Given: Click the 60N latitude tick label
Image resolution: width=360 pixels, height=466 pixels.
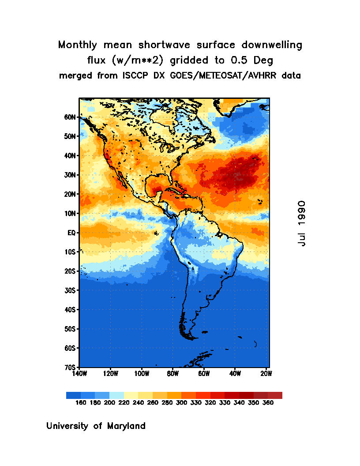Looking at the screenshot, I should [70, 117].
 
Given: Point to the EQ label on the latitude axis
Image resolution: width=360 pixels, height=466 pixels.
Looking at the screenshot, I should [72, 233].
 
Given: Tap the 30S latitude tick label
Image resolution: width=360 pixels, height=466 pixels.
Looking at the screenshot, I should [71, 290].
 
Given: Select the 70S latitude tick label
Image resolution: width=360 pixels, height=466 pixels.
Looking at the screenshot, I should [71, 367].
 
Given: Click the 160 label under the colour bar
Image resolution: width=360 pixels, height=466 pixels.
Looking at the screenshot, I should [81, 403].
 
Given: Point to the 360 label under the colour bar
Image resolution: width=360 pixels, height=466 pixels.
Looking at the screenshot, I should [268, 403].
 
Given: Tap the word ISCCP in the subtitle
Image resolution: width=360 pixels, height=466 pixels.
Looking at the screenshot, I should [134, 75].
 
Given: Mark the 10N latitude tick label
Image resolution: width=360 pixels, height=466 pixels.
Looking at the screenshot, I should [70, 214].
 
